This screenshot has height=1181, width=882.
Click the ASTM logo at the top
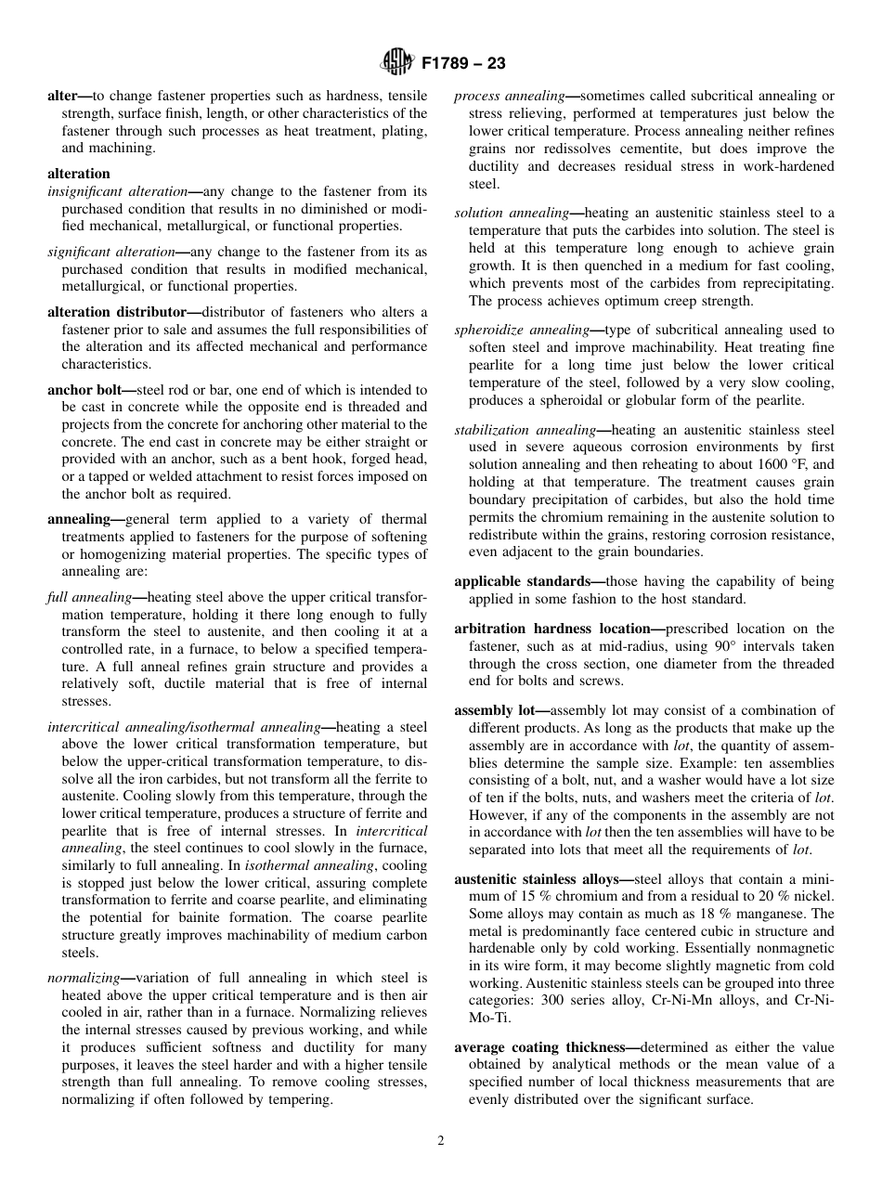[x=397, y=64]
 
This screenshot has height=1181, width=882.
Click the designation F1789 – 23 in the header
[x=462, y=65]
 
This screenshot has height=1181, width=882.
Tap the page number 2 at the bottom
[x=441, y=1141]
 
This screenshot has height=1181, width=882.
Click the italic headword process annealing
[x=510, y=97]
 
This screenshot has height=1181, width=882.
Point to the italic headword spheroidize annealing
[x=522, y=330]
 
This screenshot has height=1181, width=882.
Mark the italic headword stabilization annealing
[x=525, y=430]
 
